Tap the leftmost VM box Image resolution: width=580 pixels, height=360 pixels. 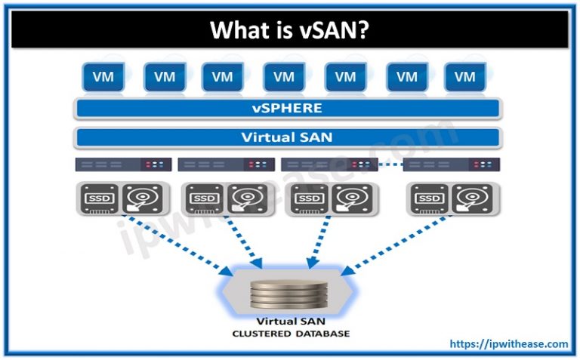point(102,76)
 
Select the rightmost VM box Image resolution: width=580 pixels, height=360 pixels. point(464,76)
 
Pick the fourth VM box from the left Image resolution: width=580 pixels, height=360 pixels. point(284,76)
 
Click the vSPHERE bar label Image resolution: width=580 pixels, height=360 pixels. point(287,108)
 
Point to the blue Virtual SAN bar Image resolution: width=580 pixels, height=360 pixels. point(287,137)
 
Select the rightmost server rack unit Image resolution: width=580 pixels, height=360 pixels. point(453,164)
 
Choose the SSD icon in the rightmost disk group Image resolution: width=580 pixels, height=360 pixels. point(429,198)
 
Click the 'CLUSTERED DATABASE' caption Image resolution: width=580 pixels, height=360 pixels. point(291,333)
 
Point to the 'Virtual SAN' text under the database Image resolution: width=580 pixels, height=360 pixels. point(291,321)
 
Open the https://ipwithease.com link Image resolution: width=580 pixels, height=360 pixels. point(508,344)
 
